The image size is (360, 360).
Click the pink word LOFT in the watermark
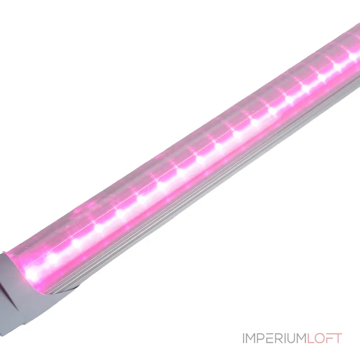coord(324,338)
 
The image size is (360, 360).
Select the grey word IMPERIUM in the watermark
coord(274,338)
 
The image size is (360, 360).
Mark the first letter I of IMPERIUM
coord(243,338)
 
